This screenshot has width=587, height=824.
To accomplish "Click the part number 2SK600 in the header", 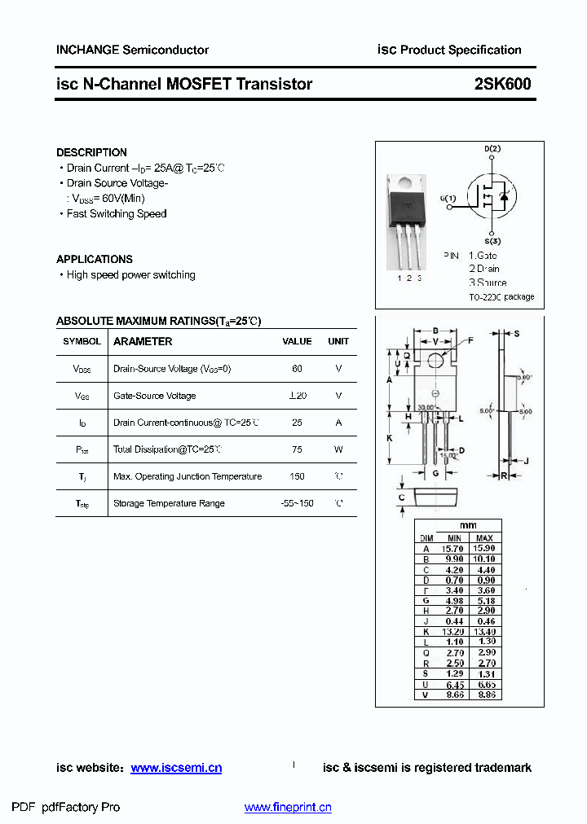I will [x=502, y=84].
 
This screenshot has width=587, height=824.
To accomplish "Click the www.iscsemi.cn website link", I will [x=176, y=768].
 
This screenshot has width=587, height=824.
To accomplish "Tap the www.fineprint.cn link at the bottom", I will [x=288, y=808].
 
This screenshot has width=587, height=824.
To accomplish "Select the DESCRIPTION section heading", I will [x=91, y=152].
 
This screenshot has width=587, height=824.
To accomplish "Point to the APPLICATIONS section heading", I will [x=95, y=259].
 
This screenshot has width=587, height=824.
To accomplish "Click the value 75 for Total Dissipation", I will [x=297, y=449].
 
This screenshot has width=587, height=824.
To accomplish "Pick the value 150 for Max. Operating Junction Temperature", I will [x=297, y=476].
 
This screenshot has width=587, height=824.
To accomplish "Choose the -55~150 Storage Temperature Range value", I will [x=297, y=503].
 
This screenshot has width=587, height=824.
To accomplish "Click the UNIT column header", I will [x=338, y=342].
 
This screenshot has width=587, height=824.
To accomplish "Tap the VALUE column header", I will [x=297, y=342].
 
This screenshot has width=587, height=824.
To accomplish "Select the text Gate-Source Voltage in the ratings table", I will [x=155, y=396].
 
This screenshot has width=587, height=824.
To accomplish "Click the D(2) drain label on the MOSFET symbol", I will [x=492, y=149].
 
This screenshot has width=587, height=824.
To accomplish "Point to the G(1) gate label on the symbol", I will [x=448, y=198].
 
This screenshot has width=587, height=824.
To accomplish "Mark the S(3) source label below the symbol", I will [x=492, y=242].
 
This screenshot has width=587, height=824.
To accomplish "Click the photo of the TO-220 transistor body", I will [x=407, y=204].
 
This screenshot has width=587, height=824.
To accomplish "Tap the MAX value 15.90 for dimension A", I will [x=483, y=549].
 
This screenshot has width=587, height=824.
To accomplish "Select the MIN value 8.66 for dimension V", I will [x=454, y=695].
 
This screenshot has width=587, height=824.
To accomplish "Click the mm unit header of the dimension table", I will [x=468, y=525].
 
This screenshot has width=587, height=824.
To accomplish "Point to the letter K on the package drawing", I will [x=390, y=438].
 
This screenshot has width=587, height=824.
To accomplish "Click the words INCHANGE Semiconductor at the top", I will [x=132, y=50].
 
